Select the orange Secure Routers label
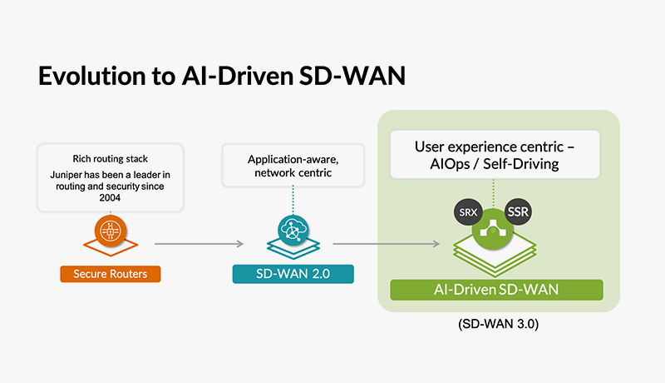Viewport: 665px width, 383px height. click(x=111, y=273)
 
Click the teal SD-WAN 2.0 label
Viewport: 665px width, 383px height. click(x=293, y=273)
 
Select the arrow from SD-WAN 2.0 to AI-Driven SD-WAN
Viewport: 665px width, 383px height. click(x=386, y=244)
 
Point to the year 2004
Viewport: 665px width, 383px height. click(x=110, y=198)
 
